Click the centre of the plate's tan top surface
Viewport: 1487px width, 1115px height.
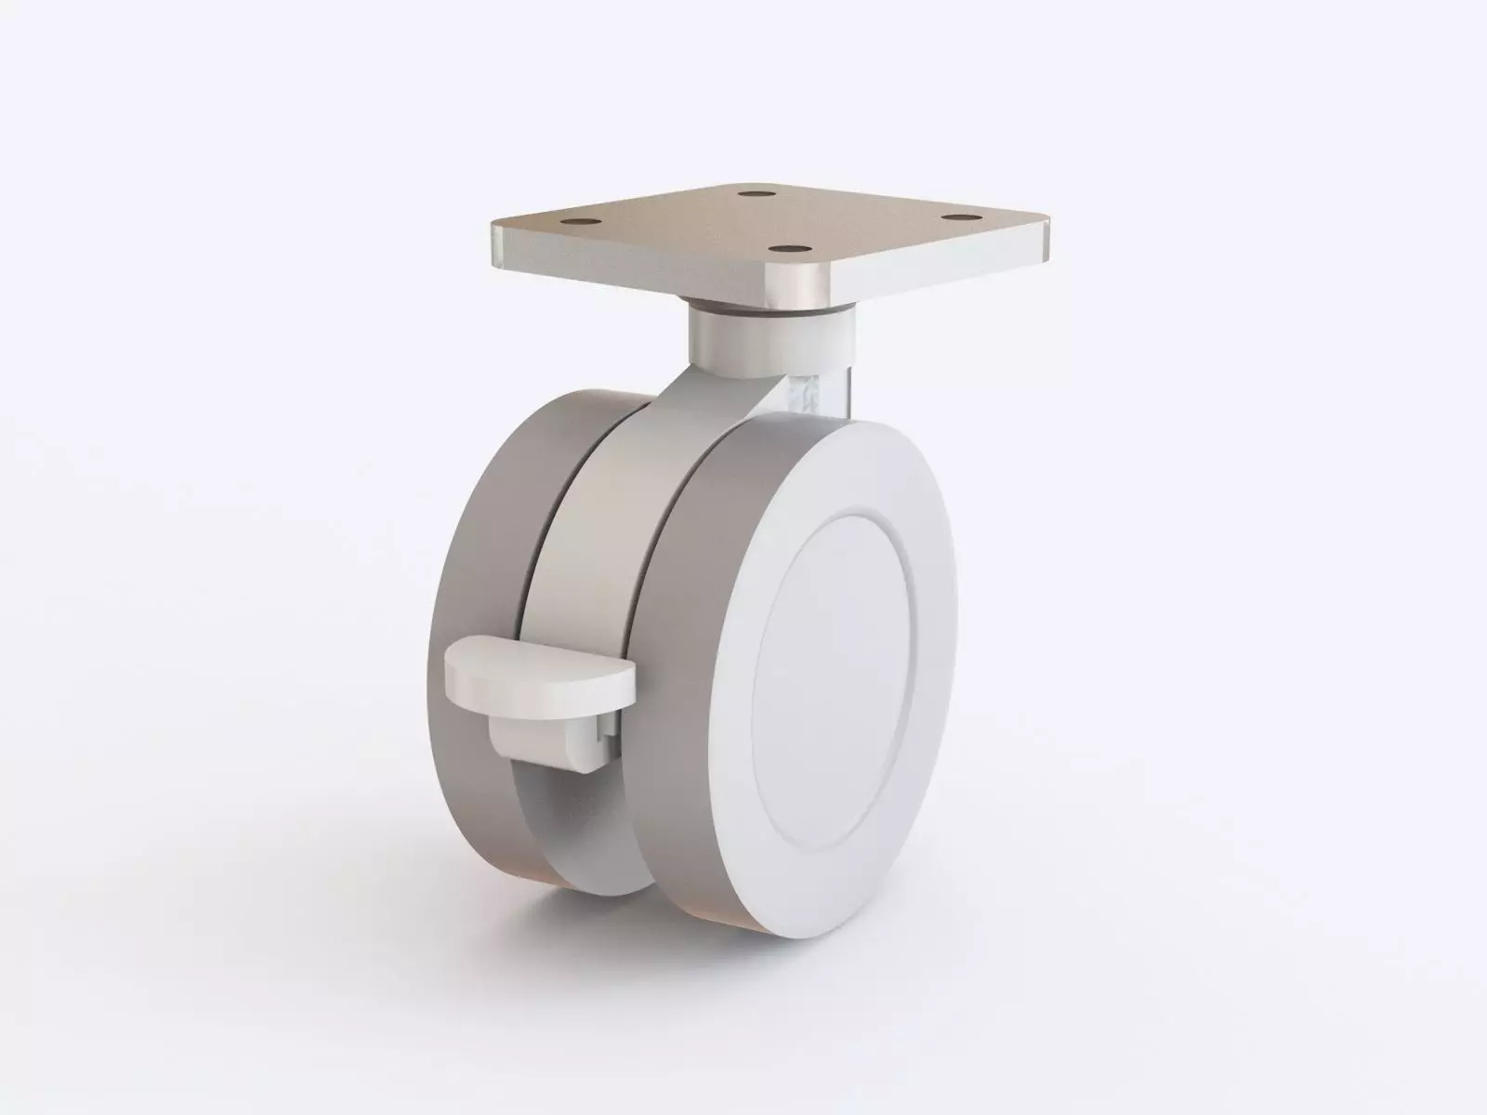coord(771,223)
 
